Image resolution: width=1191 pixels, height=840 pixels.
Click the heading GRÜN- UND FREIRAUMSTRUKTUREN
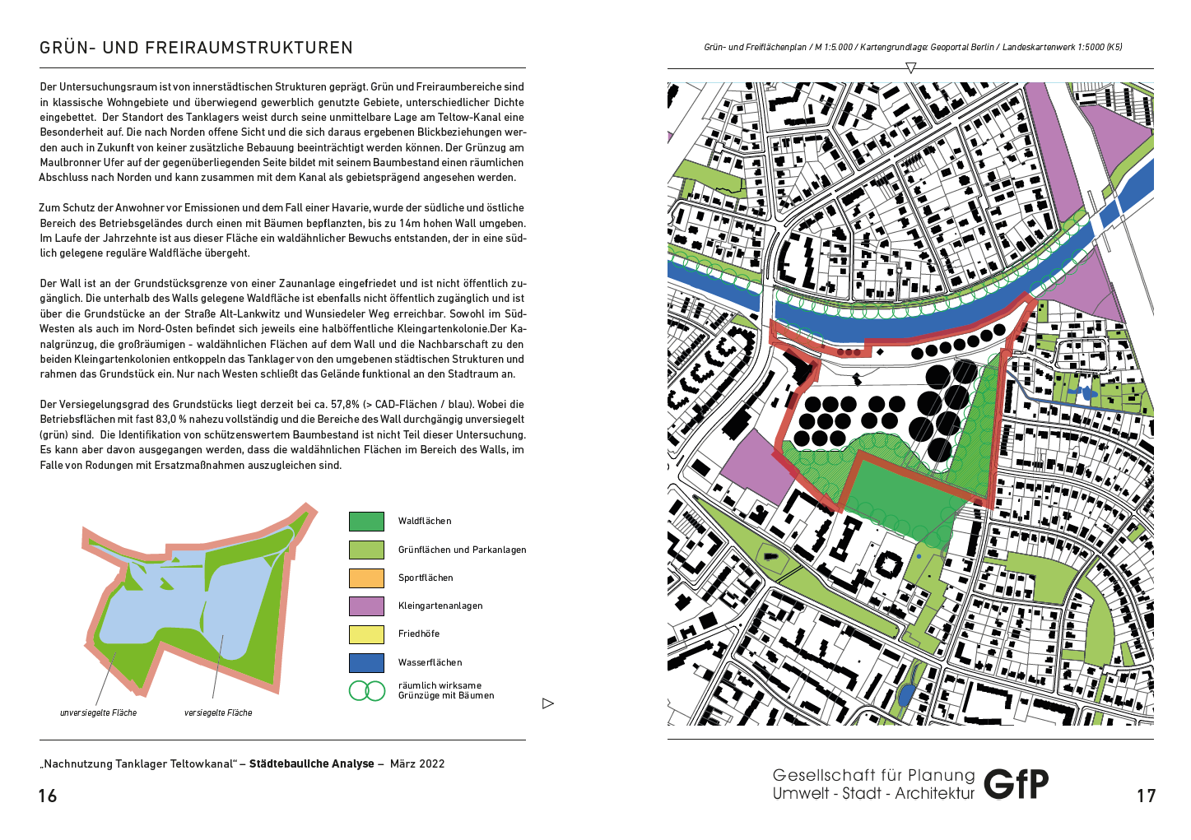coord(196,48)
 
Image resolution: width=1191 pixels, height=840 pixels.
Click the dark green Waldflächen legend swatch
coord(366,522)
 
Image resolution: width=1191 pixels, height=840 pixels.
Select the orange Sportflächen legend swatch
coord(366,578)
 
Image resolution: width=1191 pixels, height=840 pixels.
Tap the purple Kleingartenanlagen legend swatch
coord(366,606)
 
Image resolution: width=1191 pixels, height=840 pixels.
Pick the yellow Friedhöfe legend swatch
coord(366,634)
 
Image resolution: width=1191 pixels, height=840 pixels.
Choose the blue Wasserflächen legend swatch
coord(366,662)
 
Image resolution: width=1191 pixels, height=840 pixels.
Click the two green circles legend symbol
coord(367,690)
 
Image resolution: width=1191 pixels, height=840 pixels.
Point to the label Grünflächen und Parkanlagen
coord(462,550)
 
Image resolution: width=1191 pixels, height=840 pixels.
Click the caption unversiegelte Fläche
coord(98,712)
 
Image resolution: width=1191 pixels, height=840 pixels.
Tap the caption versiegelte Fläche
coord(218,712)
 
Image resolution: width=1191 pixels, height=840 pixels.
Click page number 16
coord(48,796)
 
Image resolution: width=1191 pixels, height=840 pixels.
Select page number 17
coord(1147,796)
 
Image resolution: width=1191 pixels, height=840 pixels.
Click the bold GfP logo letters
coord(1017,784)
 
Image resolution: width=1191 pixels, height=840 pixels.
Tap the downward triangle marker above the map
coord(910,68)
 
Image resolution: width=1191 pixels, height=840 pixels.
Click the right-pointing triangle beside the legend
coord(548,703)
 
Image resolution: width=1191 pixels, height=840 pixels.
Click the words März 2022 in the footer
coord(417,763)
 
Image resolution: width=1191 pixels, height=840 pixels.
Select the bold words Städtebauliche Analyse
coord(312,763)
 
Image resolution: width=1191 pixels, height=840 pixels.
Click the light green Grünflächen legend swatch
coord(366,550)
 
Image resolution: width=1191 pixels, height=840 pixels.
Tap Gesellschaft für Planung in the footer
coord(873,775)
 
